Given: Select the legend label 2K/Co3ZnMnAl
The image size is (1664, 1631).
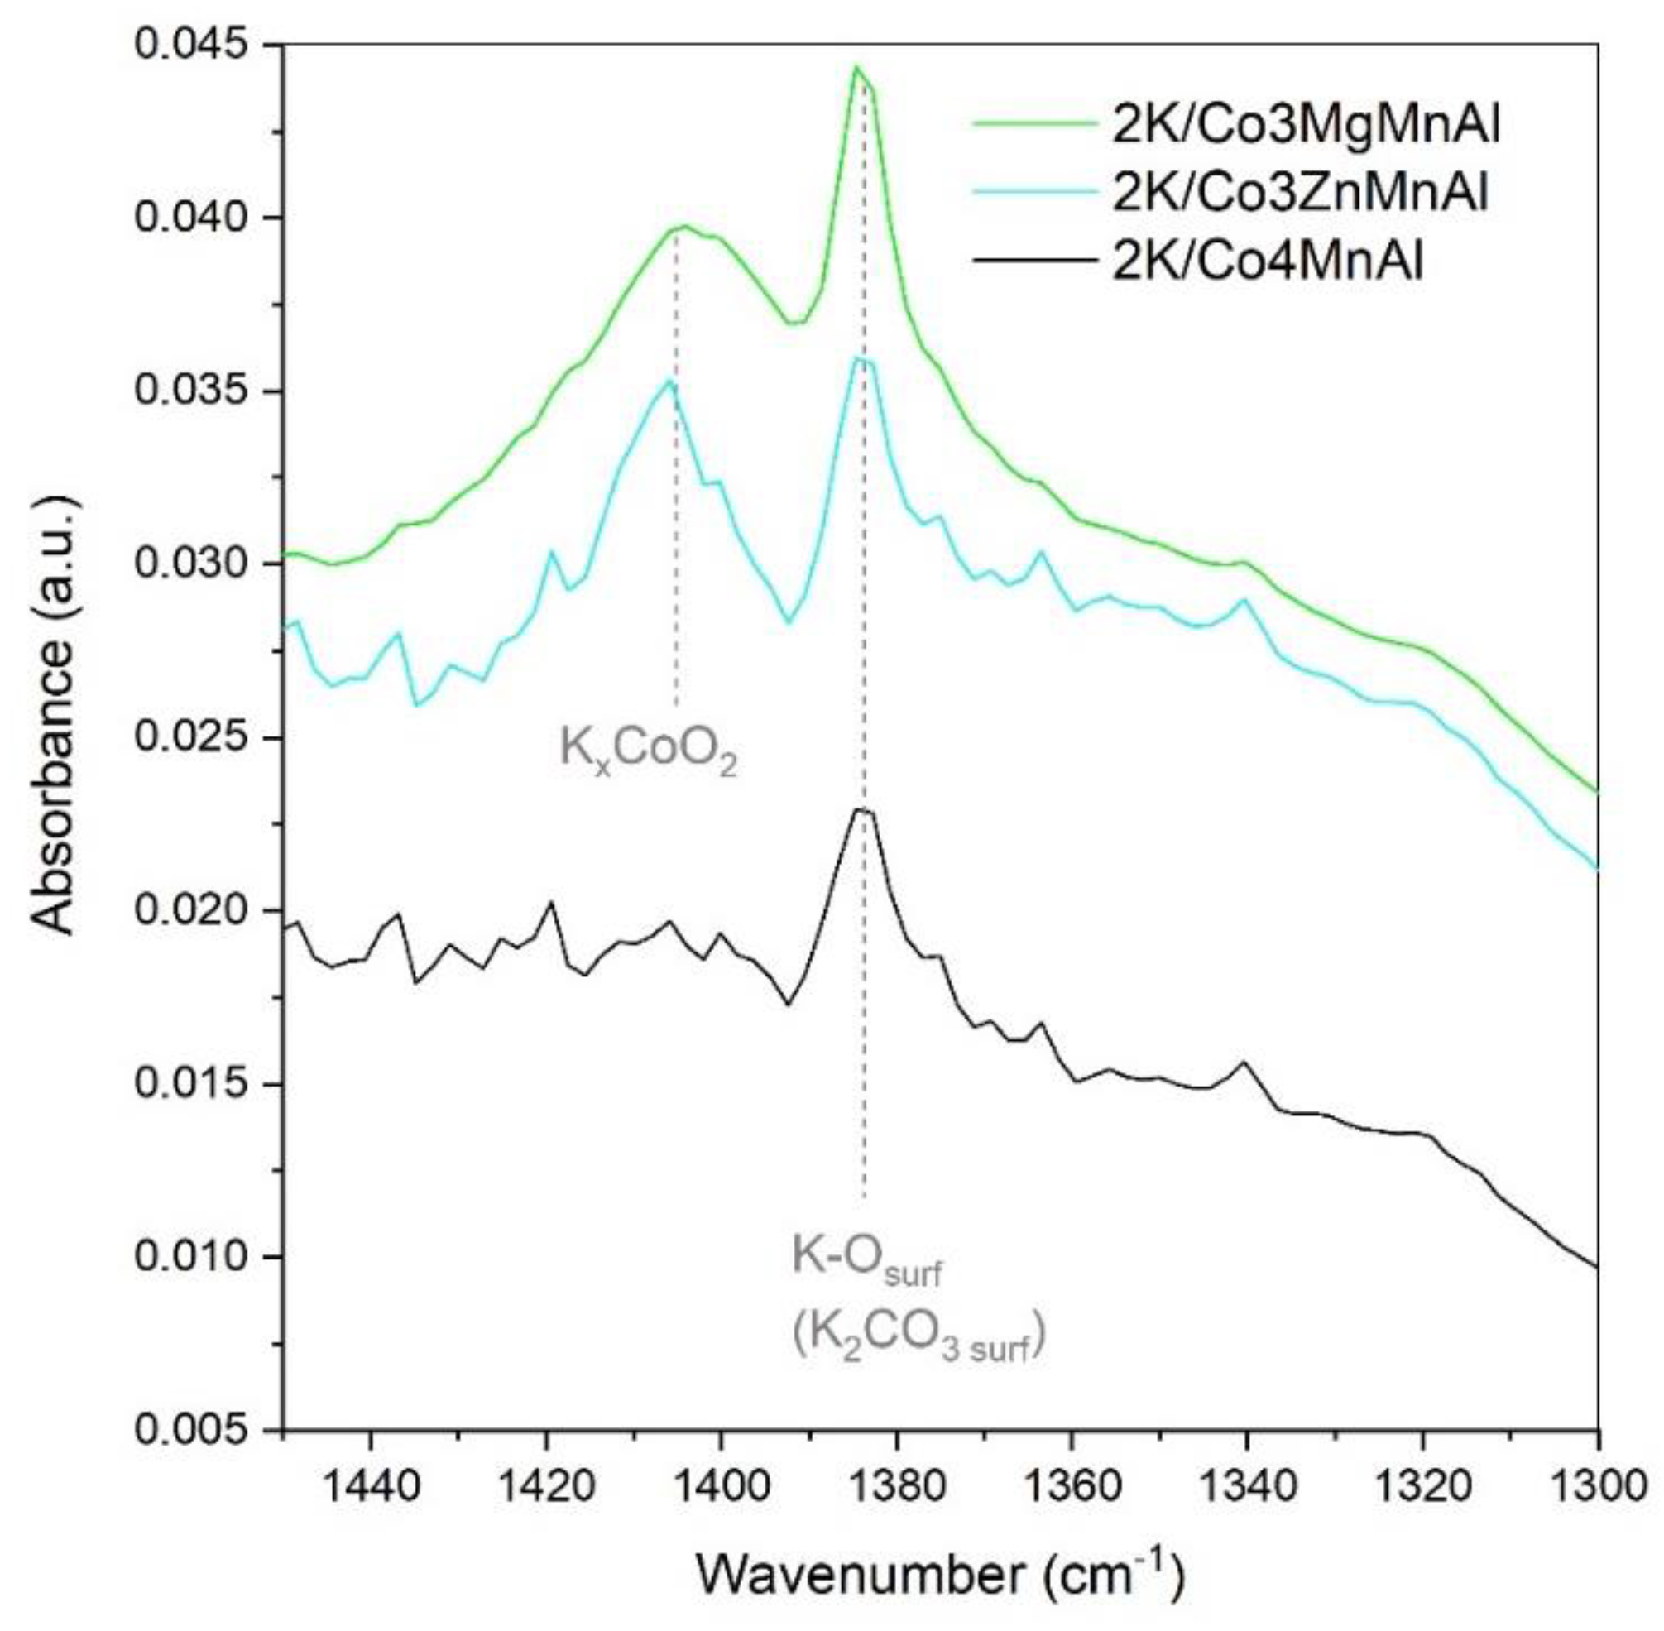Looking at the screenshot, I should point(1299,194).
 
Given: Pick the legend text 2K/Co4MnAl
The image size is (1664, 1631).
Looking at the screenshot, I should point(1267,261).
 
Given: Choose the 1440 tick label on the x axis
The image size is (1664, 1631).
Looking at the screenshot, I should point(371,1486).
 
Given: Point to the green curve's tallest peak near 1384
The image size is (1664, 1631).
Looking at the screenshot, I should point(856,68).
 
